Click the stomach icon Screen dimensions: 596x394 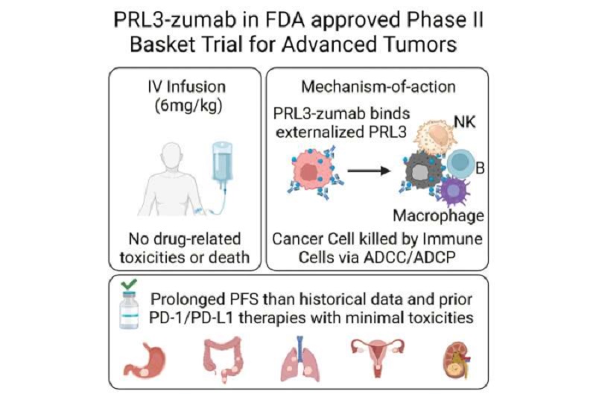[145, 360]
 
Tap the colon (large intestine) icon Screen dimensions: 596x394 [223, 358]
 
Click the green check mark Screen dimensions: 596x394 [129, 284]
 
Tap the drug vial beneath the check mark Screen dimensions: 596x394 [129, 310]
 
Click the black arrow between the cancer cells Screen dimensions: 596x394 [369, 171]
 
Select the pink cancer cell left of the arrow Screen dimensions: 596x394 [312, 171]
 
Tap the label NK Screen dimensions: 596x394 [464, 122]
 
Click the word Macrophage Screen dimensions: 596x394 [438, 216]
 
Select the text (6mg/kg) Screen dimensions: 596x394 [188, 106]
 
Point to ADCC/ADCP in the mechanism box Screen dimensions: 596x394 [409, 258]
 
